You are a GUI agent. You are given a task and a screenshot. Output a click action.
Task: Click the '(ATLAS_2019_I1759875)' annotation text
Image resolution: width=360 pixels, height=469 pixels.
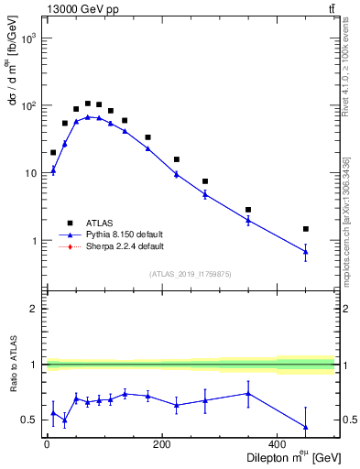(191, 273)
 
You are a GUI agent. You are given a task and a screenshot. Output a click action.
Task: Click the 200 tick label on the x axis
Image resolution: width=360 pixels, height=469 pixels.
(162, 445)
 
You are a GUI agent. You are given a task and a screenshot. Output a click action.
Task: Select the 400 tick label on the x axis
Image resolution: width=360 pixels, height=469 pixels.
(278, 445)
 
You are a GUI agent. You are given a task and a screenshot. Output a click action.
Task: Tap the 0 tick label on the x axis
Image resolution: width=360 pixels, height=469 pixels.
(47, 445)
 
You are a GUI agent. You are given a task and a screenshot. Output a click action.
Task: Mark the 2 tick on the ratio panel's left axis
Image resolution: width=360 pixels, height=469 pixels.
(34, 309)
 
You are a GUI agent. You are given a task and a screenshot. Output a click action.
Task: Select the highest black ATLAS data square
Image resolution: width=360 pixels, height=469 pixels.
(88, 104)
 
